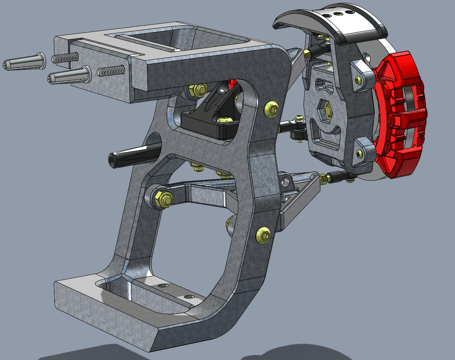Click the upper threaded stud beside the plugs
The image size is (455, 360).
click(x=65, y=57)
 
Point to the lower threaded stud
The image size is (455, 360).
click(x=111, y=71)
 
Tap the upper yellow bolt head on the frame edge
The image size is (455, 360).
click(x=272, y=108)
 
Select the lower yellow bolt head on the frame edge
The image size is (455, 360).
click(x=264, y=235)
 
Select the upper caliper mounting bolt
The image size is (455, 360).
click(x=359, y=80)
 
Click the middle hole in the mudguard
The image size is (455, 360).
click(x=338, y=14)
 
